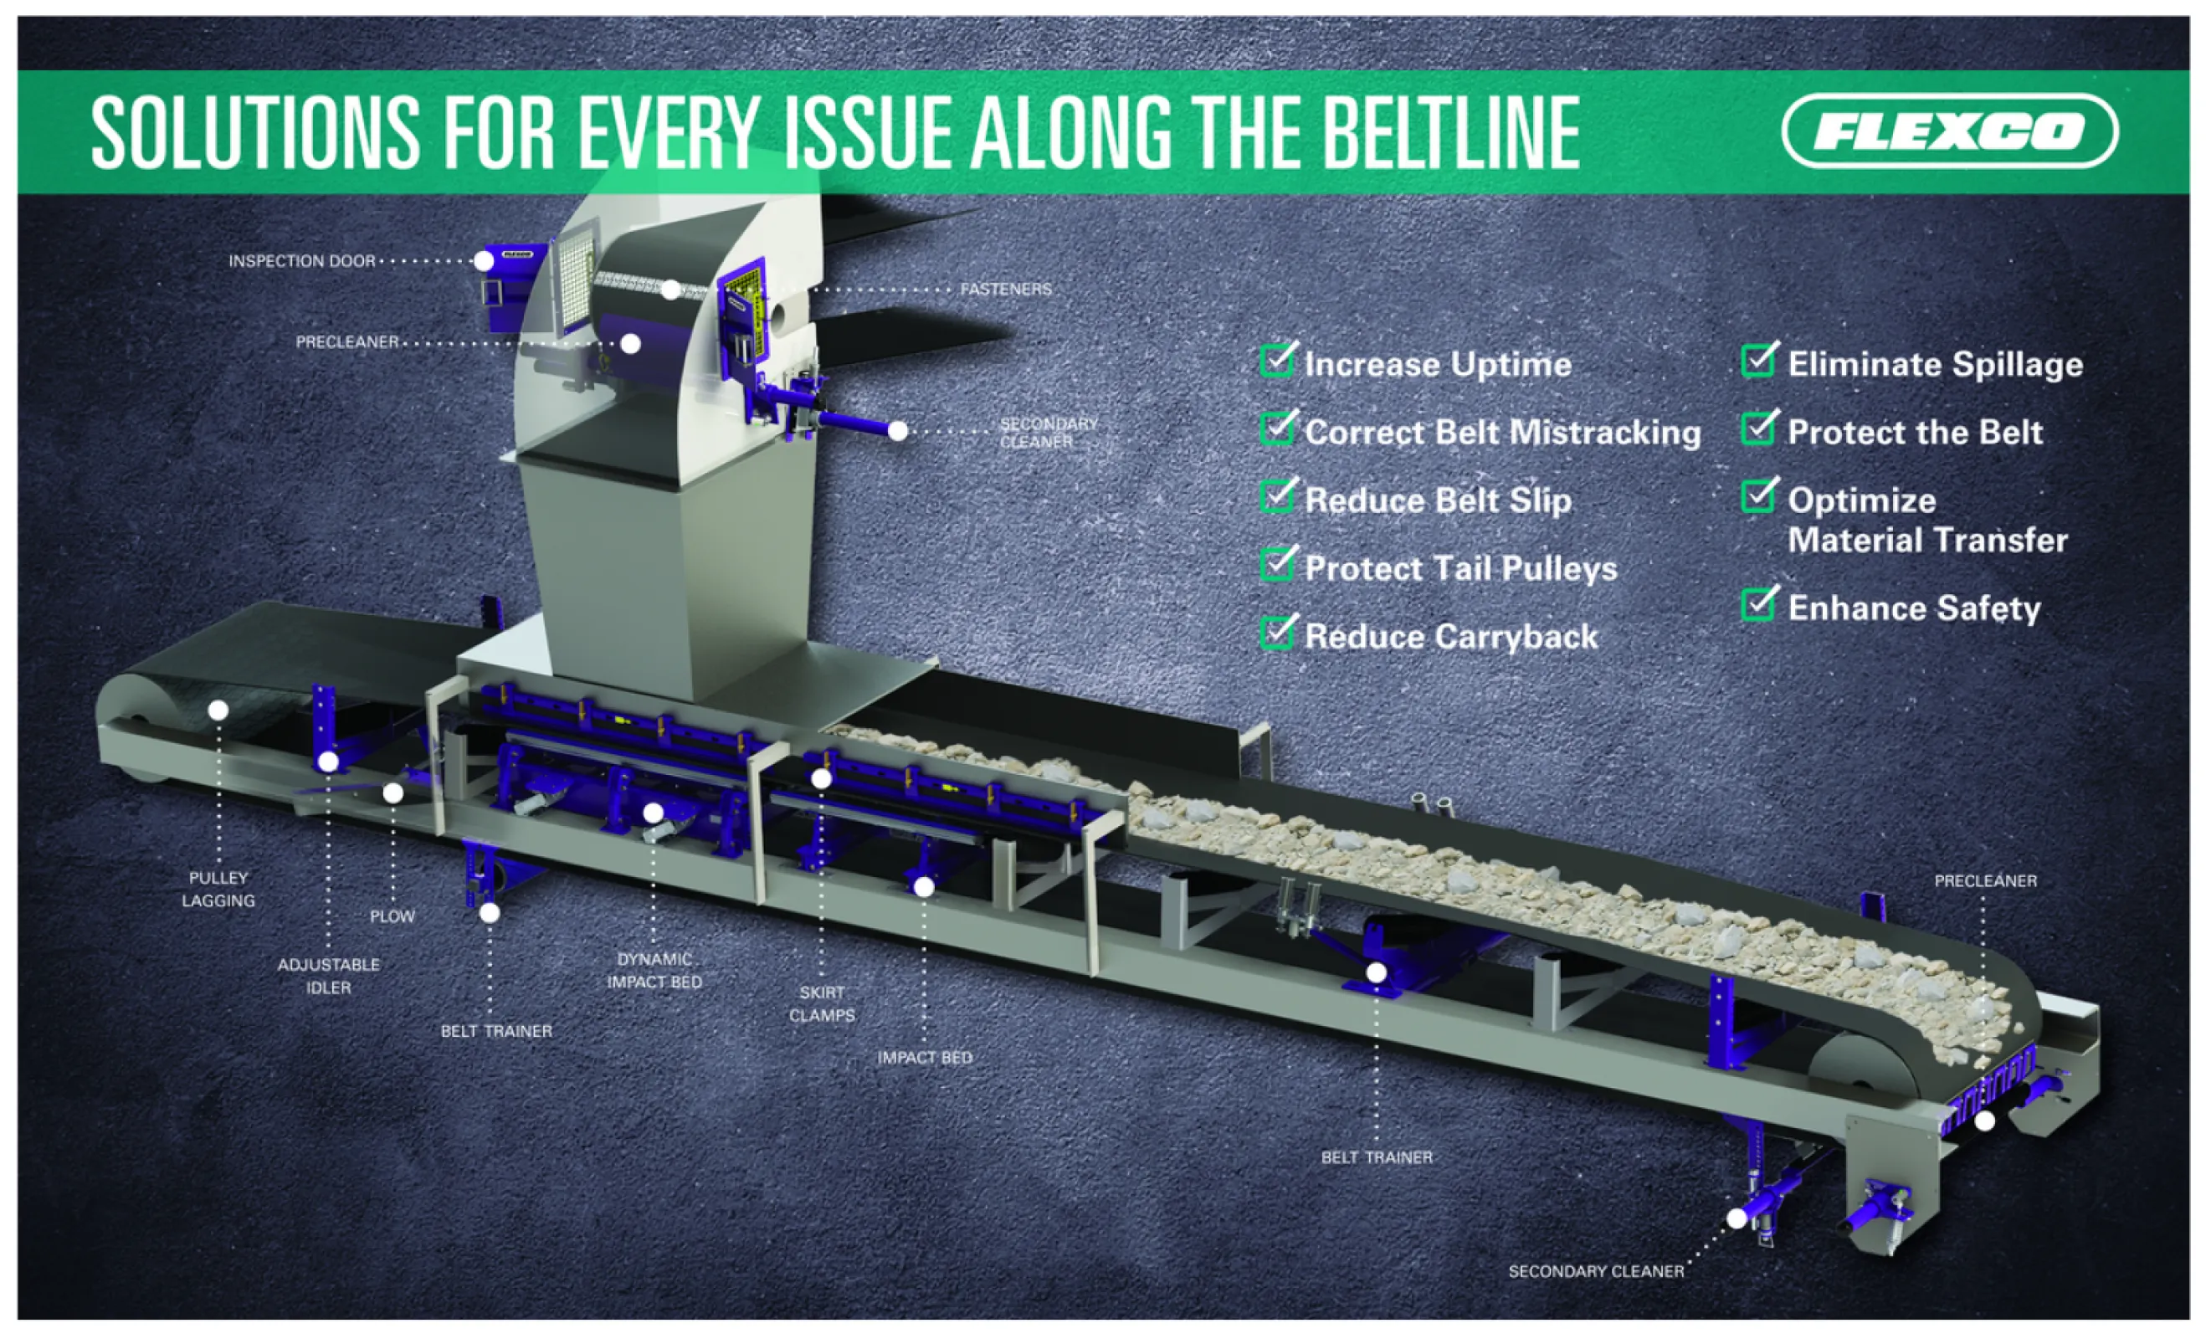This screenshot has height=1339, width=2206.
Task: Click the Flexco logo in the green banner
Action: [1949, 131]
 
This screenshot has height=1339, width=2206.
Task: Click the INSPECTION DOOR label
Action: [302, 261]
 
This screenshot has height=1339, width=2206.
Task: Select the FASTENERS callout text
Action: [1005, 289]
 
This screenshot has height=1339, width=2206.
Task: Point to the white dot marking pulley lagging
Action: [218, 710]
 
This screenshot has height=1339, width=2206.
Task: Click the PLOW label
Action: [392, 916]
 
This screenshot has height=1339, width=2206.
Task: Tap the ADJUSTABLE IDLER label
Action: [329, 976]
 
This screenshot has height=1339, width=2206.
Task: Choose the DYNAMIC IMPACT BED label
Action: [654, 970]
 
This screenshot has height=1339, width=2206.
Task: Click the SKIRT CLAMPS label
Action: [821, 1003]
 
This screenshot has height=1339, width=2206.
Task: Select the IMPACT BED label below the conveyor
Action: [924, 1058]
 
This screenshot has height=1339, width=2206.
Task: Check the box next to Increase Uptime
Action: [1277, 362]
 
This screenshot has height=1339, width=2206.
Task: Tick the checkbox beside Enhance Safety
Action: [1757, 604]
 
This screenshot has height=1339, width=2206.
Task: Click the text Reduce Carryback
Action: [1450, 636]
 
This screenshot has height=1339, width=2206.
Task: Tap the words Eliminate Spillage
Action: [1935, 364]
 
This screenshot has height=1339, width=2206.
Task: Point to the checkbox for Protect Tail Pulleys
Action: [1277, 565]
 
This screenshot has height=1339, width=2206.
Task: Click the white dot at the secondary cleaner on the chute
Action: [897, 430]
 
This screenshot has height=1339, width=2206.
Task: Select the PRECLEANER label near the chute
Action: [347, 342]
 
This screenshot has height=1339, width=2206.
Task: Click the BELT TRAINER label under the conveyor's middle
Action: [1376, 1157]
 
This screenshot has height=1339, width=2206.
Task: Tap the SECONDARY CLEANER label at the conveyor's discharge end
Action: [1595, 1271]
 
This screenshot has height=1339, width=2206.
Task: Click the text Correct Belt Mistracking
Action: [1502, 433]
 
